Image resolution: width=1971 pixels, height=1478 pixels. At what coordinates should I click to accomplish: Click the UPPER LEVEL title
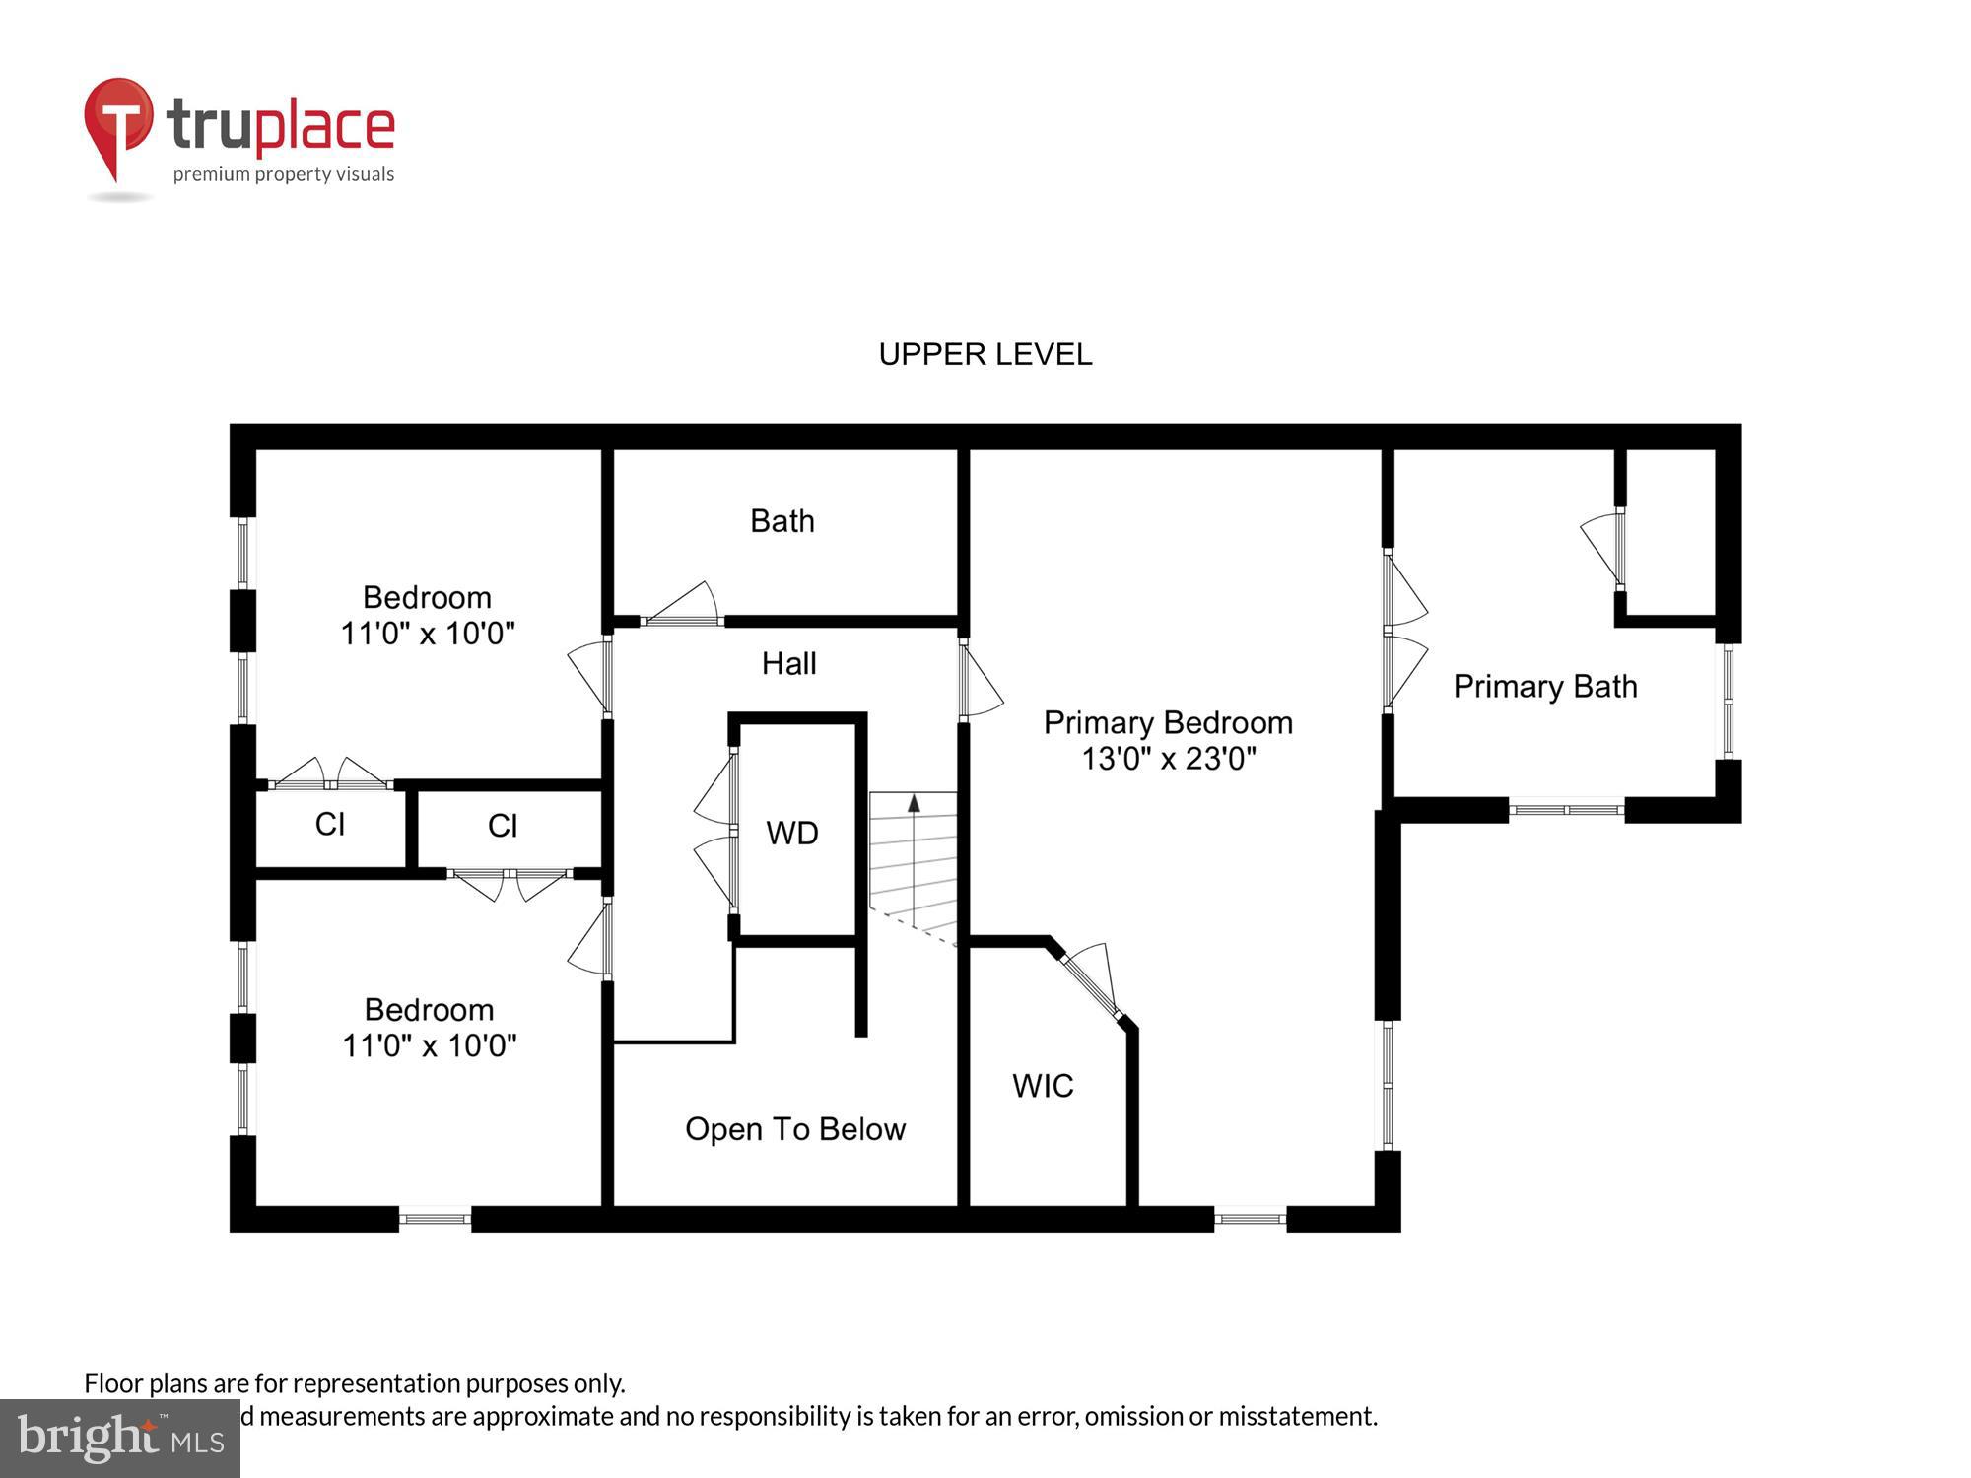click(x=985, y=354)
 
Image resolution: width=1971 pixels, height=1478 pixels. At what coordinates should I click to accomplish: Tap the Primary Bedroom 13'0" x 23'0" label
click(x=1168, y=740)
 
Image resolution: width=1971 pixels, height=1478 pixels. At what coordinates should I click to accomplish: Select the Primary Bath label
click(x=1544, y=686)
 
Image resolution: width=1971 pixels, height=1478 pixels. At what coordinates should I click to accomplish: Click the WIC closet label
click(x=1043, y=1085)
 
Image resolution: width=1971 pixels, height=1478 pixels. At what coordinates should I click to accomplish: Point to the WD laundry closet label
click(x=792, y=833)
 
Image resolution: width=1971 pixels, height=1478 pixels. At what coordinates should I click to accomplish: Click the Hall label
click(x=788, y=663)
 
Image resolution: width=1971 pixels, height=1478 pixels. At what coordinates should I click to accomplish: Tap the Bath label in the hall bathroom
click(x=782, y=520)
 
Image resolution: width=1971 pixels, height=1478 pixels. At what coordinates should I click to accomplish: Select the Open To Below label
click(x=794, y=1128)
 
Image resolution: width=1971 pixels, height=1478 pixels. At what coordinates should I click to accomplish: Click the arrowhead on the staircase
click(x=914, y=803)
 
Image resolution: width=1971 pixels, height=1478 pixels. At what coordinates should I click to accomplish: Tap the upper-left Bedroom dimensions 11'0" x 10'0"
click(x=428, y=633)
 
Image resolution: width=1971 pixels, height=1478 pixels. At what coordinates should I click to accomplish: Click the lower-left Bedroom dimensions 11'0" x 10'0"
click(x=429, y=1044)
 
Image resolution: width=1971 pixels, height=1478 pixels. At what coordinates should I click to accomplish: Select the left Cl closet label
click(x=329, y=824)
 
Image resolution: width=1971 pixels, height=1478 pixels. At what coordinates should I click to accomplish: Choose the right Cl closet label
click(x=503, y=825)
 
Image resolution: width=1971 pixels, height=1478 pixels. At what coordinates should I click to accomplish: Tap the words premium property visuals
click(x=284, y=174)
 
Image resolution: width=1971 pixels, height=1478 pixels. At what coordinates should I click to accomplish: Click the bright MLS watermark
click(x=119, y=1439)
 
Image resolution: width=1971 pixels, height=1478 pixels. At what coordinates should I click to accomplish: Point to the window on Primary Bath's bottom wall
click(x=1566, y=810)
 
